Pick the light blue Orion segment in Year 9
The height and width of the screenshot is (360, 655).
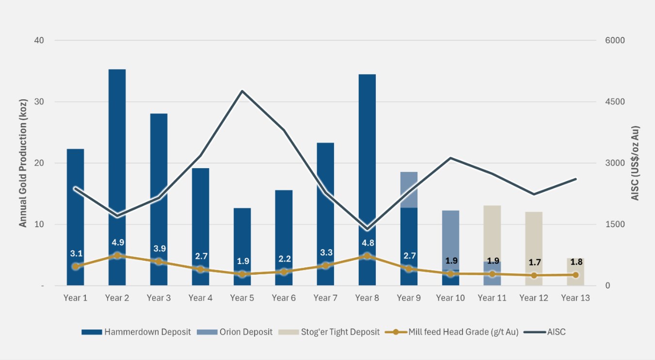coord(409,189)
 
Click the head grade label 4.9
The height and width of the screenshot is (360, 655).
coord(118,242)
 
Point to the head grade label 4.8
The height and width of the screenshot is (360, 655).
coord(367,243)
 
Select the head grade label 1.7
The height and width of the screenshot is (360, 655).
coord(534,263)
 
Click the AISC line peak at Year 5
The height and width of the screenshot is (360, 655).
coord(242,91)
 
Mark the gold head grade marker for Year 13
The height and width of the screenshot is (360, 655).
coord(575,275)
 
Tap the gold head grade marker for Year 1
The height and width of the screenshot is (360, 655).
coord(75,266)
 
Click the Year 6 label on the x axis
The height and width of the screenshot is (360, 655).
coord(284,298)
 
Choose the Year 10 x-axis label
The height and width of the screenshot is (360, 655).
coord(450,298)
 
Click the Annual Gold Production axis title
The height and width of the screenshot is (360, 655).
coord(23,163)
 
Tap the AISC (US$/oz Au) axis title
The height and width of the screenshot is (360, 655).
coord(635,163)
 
